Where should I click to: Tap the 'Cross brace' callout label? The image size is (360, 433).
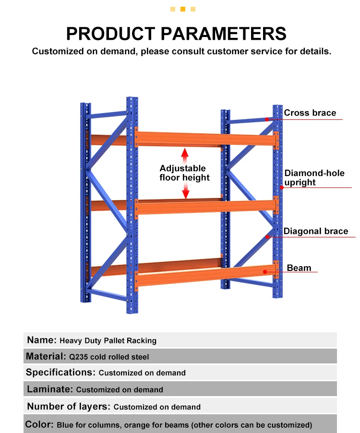pos(310,113)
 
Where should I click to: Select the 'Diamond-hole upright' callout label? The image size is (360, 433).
pos(314,178)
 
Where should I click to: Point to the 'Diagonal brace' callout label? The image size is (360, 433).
pos(316,232)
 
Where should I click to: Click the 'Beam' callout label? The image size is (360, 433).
pos(299,268)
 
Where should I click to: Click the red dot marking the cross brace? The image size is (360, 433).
pos(266,119)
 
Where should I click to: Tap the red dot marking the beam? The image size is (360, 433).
pos(265,272)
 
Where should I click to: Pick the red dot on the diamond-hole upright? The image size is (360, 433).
pos(282,187)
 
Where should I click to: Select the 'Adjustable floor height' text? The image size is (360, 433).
pos(184,173)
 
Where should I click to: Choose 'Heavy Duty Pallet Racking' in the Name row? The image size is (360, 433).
pos(108,341)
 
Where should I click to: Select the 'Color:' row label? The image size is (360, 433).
pos(39,424)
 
